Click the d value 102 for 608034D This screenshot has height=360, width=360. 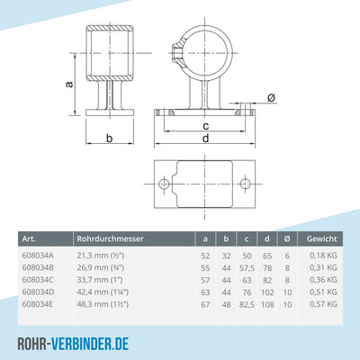[x=265, y=292]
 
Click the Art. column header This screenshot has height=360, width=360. [x=28, y=238]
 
